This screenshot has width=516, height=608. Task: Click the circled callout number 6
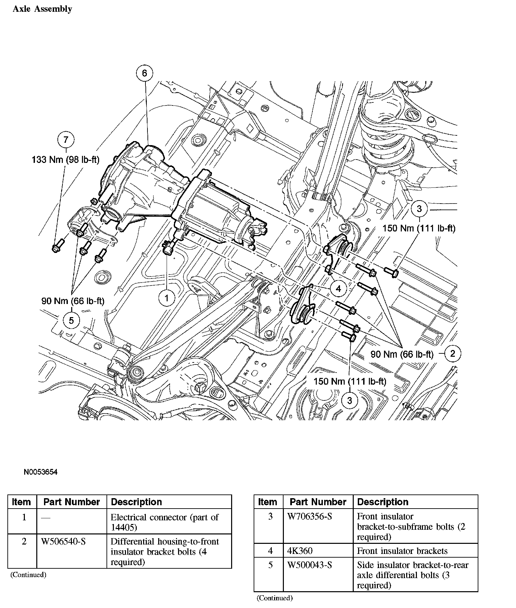[144, 73]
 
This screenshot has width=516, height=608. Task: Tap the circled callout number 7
[66, 139]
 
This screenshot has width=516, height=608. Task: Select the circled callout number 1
[167, 297]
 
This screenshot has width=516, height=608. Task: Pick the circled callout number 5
[71, 320]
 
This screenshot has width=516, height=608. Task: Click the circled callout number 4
[338, 289]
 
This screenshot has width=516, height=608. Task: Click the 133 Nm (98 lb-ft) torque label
[66, 160]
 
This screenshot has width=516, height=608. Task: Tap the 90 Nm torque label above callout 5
[73, 301]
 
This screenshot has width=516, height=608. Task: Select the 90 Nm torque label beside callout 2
[402, 354]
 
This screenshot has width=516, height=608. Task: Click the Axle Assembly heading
[42, 9]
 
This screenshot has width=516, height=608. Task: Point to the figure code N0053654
[41, 472]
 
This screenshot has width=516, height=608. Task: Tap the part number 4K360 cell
[300, 551]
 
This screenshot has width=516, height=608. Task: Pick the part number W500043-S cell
[310, 565]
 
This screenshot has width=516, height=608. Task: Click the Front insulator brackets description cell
[402, 551]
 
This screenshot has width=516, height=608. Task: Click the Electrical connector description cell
[165, 522]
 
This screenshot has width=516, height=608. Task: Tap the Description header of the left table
[136, 502]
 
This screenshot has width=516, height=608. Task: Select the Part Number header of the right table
[318, 502]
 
